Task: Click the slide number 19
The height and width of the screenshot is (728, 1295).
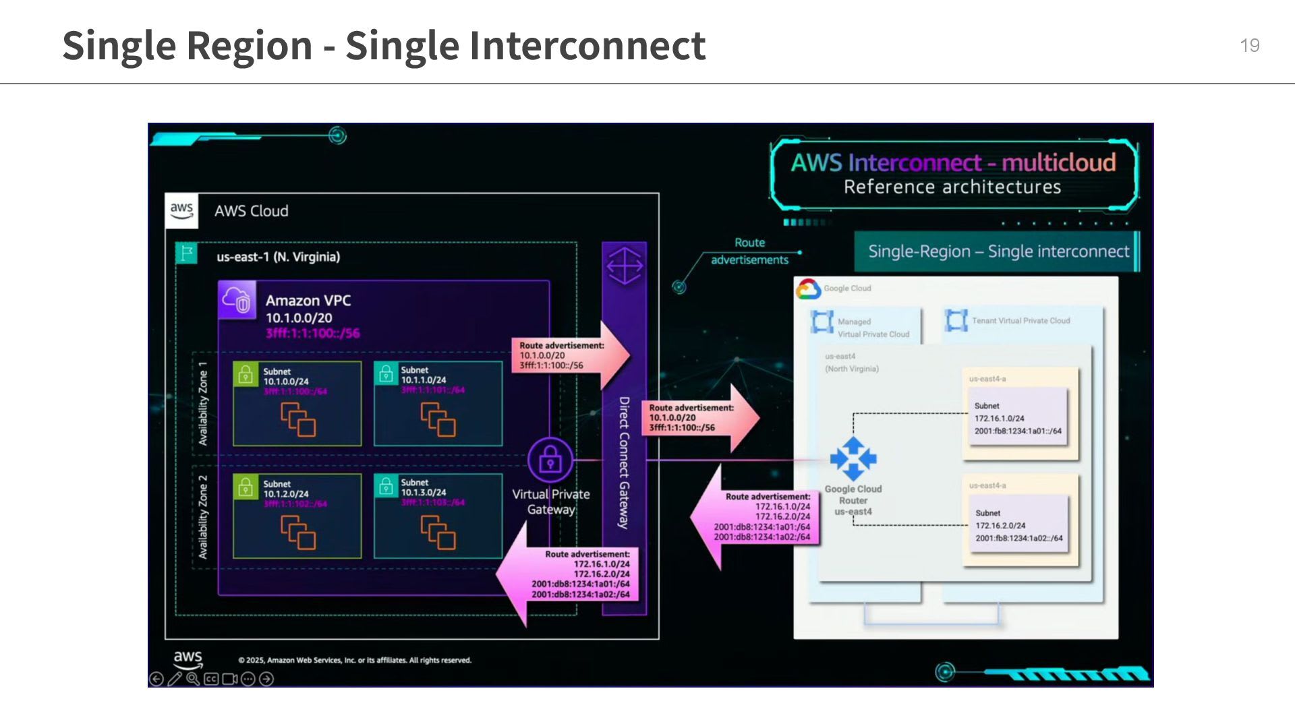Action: [x=1249, y=45]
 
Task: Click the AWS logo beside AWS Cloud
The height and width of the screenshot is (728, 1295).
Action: [x=181, y=210]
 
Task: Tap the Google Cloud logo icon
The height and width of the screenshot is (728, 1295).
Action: [x=808, y=289]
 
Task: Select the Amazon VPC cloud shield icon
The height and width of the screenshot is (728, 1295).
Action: [x=237, y=300]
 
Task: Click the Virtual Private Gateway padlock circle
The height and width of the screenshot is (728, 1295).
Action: [x=550, y=461]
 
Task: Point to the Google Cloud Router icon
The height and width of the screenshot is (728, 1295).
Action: [x=853, y=459]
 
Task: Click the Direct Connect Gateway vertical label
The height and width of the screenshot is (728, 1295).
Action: [x=625, y=462]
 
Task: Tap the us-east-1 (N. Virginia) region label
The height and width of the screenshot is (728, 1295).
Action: [x=278, y=257]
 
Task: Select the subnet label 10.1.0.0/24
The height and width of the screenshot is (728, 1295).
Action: [x=286, y=382]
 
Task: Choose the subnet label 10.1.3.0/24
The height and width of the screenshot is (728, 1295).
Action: [x=424, y=493]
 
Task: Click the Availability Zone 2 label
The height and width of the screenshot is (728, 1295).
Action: [x=203, y=517]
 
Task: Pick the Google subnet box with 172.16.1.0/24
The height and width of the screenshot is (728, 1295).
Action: [x=1018, y=418]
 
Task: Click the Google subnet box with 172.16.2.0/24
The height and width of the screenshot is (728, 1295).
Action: [x=1018, y=525]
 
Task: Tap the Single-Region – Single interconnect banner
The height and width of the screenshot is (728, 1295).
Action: [x=998, y=251]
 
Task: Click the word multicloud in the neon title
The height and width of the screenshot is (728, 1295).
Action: [x=1058, y=162]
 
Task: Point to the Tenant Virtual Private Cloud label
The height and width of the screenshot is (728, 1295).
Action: [x=1020, y=321]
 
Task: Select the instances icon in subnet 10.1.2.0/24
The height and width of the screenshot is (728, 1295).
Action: [x=298, y=533]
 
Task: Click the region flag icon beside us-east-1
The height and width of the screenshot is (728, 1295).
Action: [x=186, y=253]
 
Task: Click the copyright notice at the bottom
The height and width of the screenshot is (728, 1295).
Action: [x=355, y=660]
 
